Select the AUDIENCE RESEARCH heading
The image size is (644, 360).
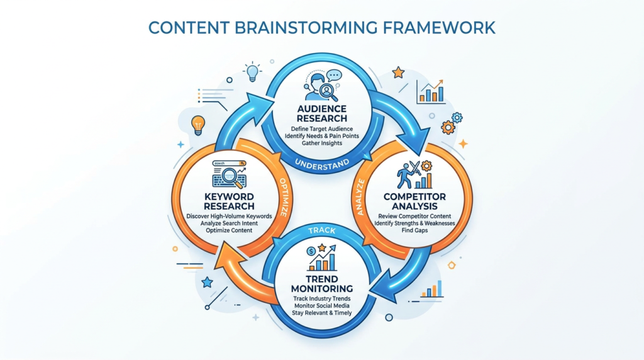pos(321,113)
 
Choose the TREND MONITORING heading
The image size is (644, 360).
pos(321,284)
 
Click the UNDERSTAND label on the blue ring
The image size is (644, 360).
pos(321,164)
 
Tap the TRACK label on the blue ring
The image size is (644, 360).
pos(321,230)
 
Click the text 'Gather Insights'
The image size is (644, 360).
pos(321,143)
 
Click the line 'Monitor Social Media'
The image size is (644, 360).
pos(321,305)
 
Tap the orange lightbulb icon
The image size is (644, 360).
pos(198,125)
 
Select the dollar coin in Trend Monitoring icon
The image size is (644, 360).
pos(310,251)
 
